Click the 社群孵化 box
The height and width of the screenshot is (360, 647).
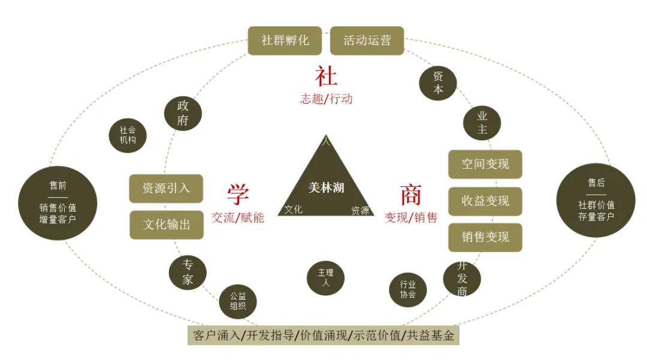click(285, 40)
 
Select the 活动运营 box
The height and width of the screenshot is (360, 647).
click(367, 40)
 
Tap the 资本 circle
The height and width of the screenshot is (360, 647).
click(438, 83)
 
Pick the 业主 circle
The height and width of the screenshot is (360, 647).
click(482, 122)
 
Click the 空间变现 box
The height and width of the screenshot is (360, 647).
click(485, 164)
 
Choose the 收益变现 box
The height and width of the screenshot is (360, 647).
click(485, 201)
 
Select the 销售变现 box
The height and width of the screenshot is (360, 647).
click(485, 237)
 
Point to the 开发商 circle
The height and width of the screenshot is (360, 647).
click(462, 279)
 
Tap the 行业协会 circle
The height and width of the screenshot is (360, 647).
click(408, 290)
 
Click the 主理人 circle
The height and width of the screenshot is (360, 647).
click(326, 278)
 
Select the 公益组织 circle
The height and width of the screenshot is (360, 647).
click(238, 301)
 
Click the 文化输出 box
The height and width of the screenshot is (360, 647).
click(167, 225)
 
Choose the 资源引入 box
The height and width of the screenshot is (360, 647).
click(167, 188)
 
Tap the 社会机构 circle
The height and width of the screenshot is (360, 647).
click(128, 135)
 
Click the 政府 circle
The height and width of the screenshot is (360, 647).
click(183, 113)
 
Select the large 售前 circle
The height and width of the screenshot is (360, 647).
click(58, 203)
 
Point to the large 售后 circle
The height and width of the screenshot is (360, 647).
click(596, 200)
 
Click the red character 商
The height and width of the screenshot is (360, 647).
click(411, 195)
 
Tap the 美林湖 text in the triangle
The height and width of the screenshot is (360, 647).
click(326, 187)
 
